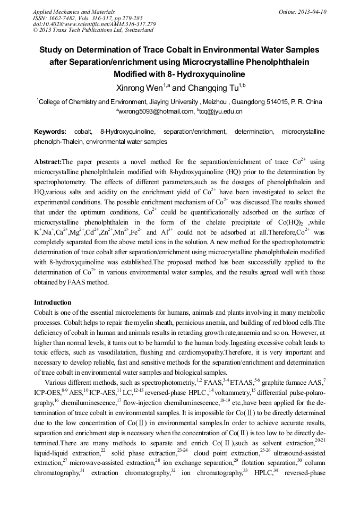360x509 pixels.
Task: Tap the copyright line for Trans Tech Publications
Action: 93,30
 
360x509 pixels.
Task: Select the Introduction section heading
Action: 53,303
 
